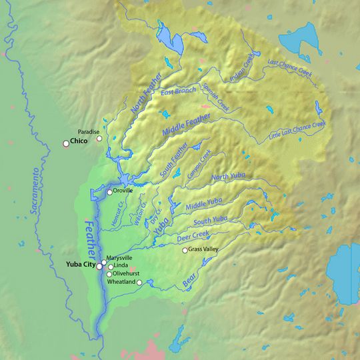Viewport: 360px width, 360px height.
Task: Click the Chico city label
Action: click(x=80, y=142)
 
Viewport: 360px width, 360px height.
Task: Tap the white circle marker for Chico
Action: click(x=66, y=143)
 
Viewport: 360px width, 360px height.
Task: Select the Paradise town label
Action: click(x=89, y=131)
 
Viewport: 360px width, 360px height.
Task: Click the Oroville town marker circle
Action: click(x=110, y=193)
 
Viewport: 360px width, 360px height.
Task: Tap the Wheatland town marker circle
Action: click(x=140, y=283)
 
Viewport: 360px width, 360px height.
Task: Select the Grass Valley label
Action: click(x=205, y=250)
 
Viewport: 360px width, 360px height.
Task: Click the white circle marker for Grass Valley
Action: click(x=185, y=251)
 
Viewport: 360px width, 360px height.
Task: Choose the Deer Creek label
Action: click(x=193, y=236)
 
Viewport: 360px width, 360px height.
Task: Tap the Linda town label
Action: click(x=121, y=265)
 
